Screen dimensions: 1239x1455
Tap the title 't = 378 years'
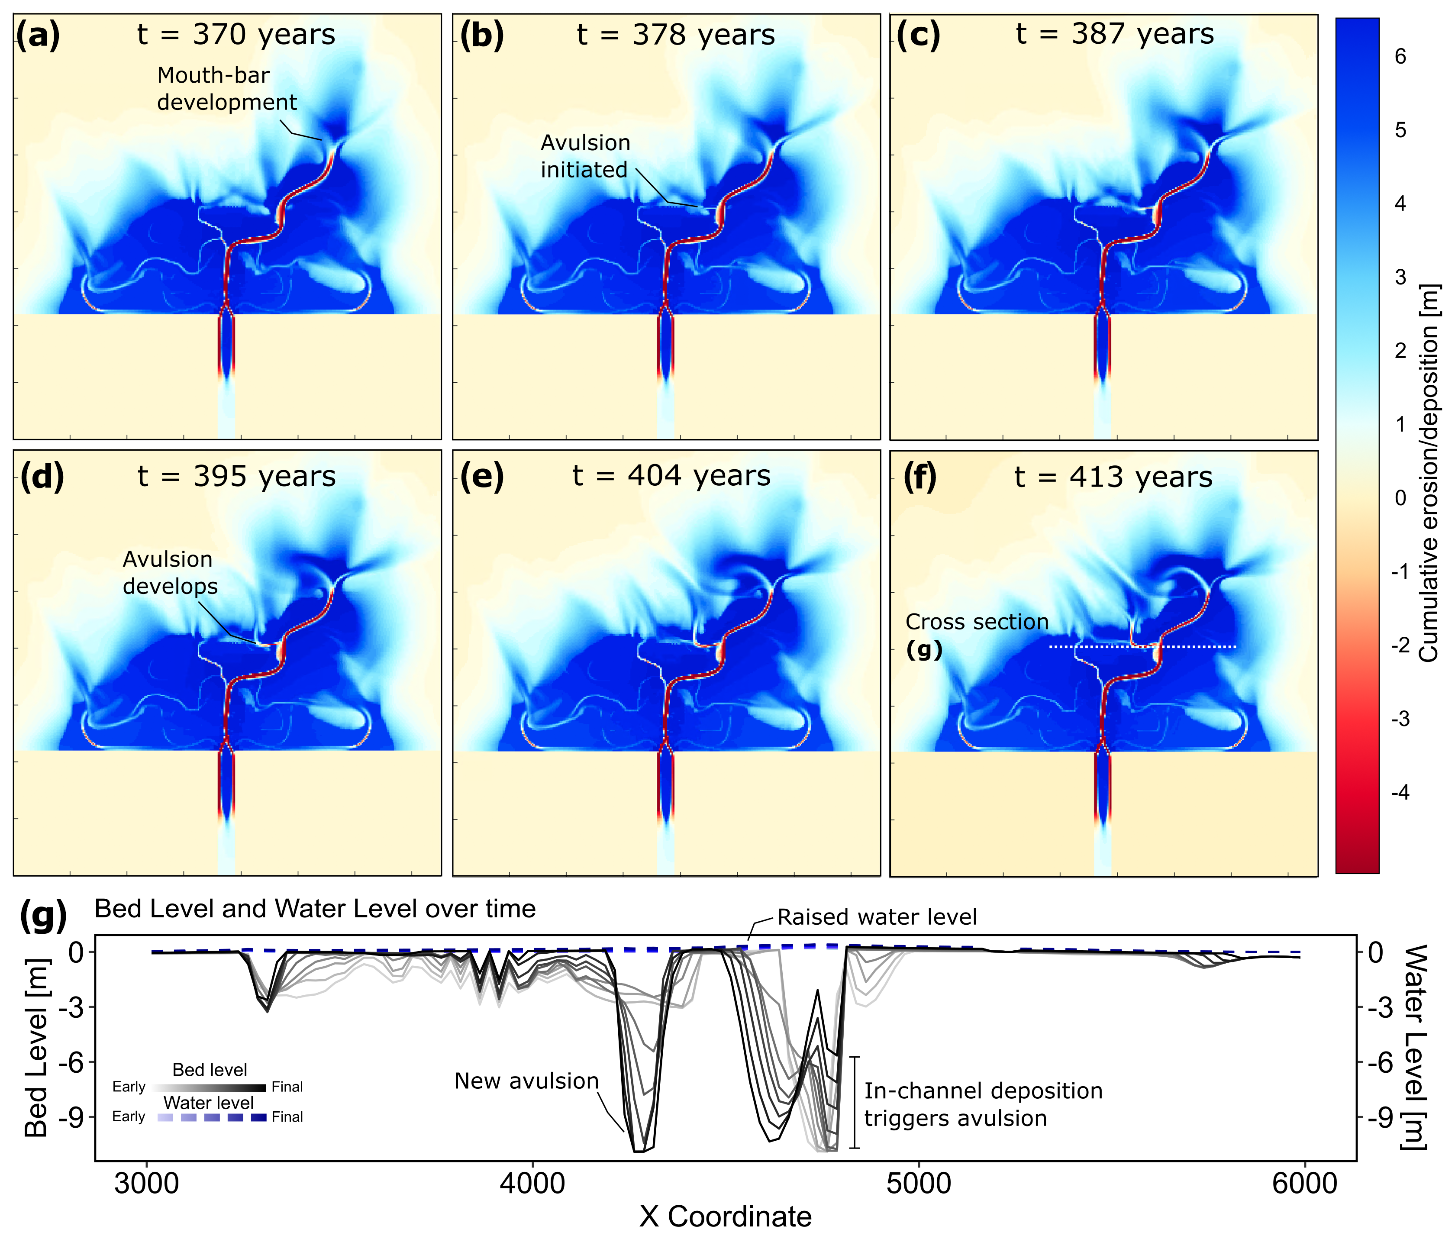pos(675,35)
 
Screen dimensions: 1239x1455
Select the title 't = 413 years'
pos(1113,477)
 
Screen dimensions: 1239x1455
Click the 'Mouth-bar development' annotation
pos(227,88)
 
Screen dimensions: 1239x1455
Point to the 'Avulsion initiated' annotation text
pos(585,156)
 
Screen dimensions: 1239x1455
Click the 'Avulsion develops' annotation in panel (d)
pos(170,572)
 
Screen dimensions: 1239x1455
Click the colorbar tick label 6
pos(1400,56)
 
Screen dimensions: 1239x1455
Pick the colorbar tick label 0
pos(1400,498)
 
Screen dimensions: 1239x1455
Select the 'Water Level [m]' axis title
pos(1416,1046)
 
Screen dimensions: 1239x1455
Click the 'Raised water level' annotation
pos(877,916)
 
